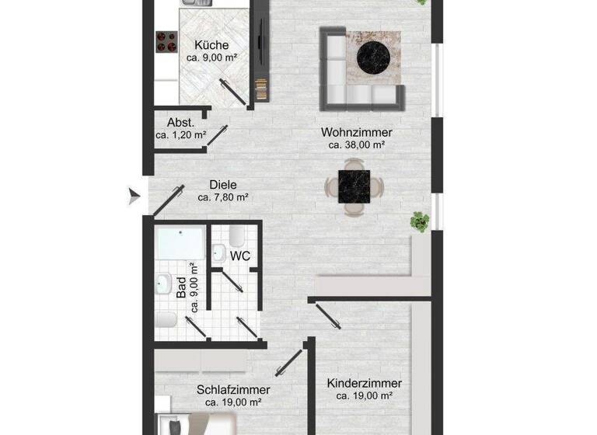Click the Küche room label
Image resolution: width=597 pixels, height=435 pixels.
point(211,45)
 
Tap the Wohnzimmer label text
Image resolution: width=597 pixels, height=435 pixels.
point(357,132)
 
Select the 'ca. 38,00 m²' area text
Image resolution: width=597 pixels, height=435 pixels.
point(357,144)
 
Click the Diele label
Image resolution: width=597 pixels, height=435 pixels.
point(222,185)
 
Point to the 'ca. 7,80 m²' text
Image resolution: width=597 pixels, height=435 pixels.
point(222,197)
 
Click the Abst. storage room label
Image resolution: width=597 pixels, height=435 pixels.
point(180,122)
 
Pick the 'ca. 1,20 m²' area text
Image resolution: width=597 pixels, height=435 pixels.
point(180,134)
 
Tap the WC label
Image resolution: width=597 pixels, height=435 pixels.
point(240,256)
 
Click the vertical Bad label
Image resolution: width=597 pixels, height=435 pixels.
point(182,287)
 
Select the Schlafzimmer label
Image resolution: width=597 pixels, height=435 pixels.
point(233,389)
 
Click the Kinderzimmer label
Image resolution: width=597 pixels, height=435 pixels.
point(364,383)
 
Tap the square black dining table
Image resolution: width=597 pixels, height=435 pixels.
point(354,186)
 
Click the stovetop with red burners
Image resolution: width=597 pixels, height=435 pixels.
point(166,41)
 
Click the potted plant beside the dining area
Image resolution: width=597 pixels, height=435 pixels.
point(420,221)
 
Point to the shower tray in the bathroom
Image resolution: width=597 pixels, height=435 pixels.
point(181,243)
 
